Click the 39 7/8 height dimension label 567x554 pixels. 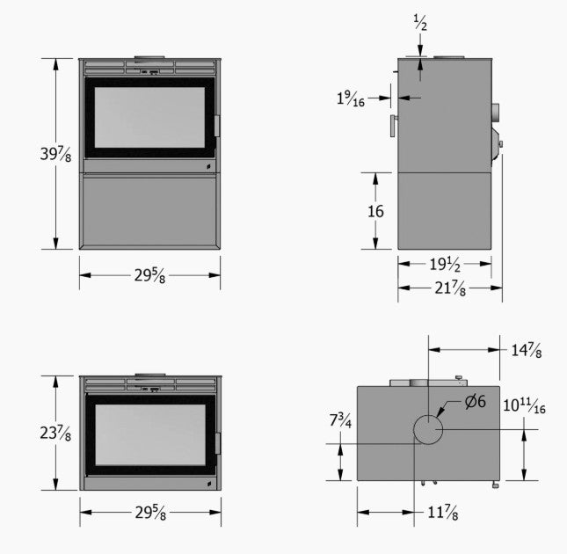55,154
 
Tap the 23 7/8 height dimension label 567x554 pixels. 55,433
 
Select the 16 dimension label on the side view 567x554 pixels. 375,211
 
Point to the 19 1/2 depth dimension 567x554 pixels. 445,264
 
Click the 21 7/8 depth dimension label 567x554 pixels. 450,288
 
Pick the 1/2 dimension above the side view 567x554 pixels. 420,22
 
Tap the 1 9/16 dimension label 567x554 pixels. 351,98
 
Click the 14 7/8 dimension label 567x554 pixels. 527,350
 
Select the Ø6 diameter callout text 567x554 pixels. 476,401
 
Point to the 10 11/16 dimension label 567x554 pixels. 524,405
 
